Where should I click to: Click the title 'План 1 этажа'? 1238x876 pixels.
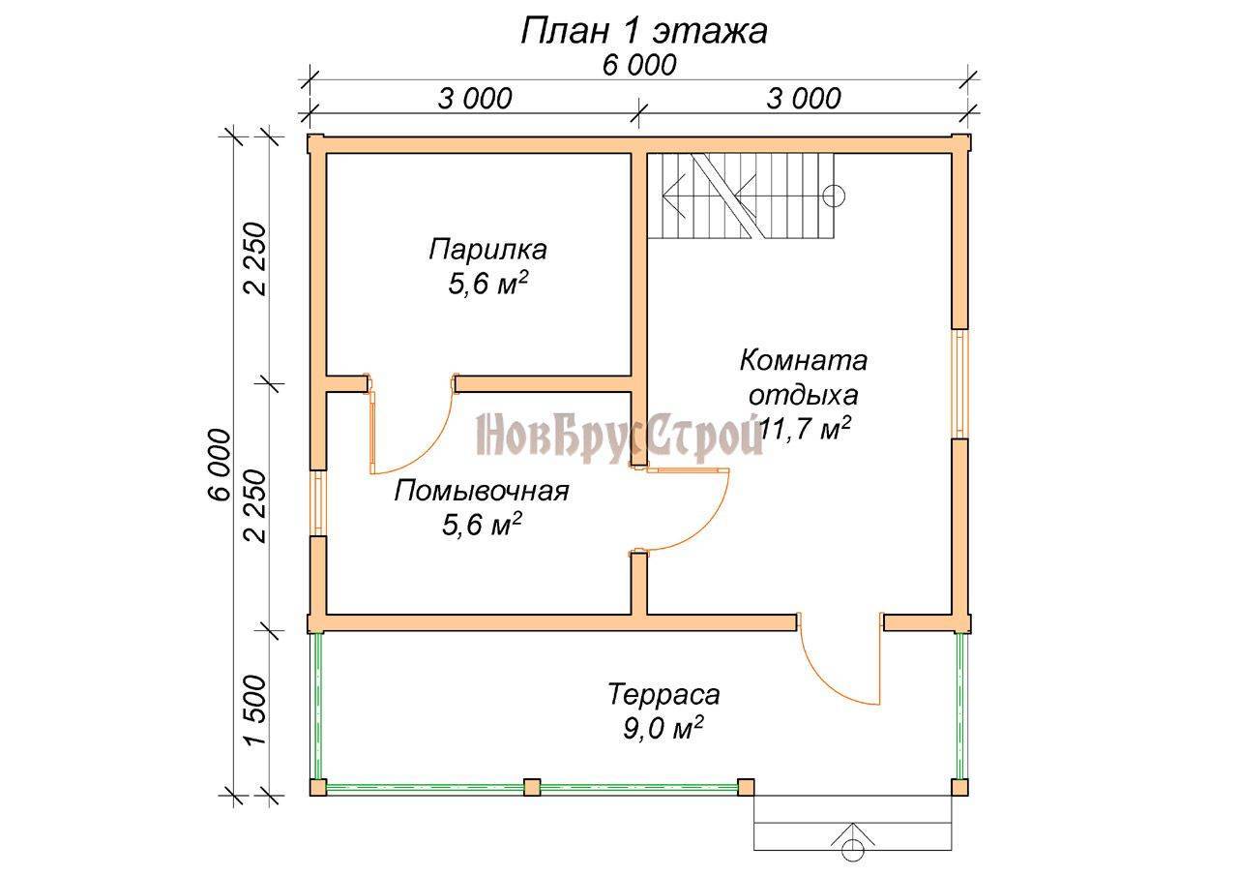pos(644,32)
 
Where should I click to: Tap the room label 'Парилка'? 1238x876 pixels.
pos(487,250)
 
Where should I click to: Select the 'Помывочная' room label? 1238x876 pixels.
pos(482,491)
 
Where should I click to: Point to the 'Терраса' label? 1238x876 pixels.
pos(663,695)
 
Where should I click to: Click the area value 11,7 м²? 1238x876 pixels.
pos(804,429)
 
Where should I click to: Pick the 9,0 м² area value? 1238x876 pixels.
pos(663,728)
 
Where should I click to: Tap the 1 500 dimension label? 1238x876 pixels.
pos(257,710)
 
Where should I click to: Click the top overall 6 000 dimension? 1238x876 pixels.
pos(639,66)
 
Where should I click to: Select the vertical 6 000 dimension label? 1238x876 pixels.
pos(221,465)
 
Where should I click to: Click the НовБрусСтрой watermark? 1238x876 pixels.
pos(619,436)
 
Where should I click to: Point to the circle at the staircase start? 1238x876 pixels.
pos(834,196)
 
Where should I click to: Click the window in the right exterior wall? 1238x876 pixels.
pos(960,384)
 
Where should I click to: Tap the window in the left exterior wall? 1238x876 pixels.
pos(318,502)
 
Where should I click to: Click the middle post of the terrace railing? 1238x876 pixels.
pos(532,787)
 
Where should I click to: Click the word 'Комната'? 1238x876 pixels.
pos(804,361)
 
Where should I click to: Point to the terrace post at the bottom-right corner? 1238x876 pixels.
pos(960,787)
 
